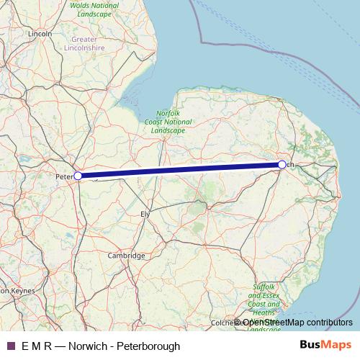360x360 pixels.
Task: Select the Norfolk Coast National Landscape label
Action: (173, 122)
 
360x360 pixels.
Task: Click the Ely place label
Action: (145, 215)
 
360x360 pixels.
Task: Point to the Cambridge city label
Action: (126, 256)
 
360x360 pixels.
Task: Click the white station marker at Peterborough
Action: (78, 175)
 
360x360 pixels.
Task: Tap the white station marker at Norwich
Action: (282, 165)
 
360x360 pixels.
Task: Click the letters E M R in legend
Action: (36, 346)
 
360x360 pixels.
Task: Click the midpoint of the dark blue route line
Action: (180, 170)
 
